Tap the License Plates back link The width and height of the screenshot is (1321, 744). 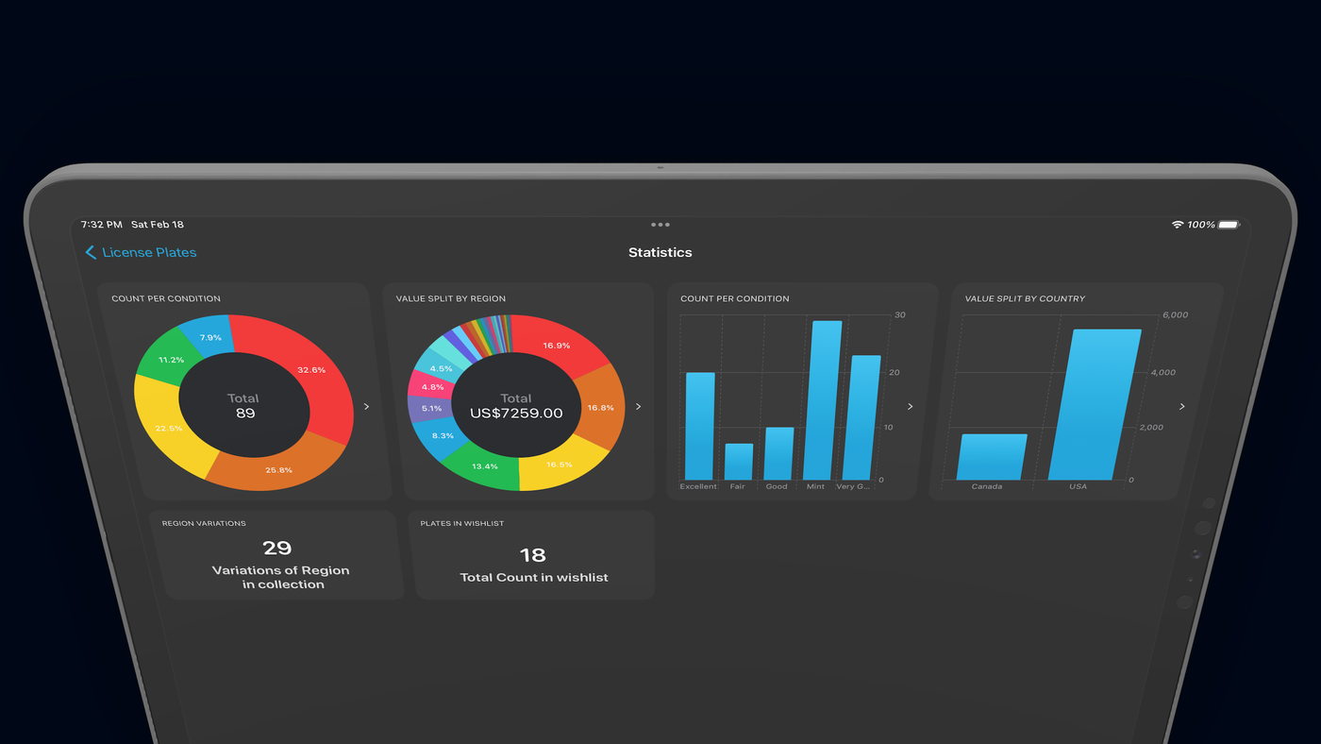click(141, 252)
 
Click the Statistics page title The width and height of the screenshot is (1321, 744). click(660, 252)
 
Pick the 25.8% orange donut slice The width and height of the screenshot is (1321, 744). click(277, 466)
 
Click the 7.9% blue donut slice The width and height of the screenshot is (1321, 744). click(208, 336)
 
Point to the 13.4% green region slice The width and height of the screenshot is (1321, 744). click(483, 467)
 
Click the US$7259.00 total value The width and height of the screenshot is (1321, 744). click(516, 413)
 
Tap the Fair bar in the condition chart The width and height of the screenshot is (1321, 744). click(739, 462)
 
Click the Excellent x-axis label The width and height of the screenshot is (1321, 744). click(697, 487)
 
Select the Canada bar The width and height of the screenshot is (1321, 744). click(992, 457)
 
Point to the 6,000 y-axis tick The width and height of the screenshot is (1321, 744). click(1175, 315)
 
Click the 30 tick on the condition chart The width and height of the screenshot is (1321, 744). click(900, 315)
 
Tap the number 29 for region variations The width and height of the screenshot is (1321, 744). click(277, 549)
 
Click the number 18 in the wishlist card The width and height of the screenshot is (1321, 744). click(532, 555)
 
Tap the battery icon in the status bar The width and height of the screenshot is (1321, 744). click(1229, 225)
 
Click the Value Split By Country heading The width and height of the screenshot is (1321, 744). click(1025, 298)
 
